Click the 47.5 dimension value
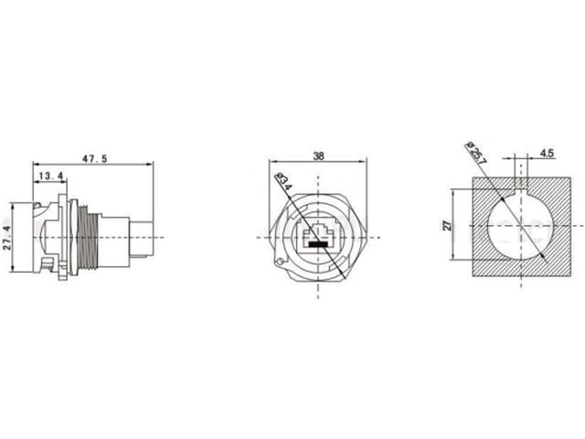tap(95, 158)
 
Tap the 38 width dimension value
tap(317, 156)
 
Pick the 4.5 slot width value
tap(548, 154)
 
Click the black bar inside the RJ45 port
tap(317, 245)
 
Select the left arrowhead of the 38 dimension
tap(275, 165)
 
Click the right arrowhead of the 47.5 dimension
tap(151, 165)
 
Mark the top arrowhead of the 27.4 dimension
tap(11, 200)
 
